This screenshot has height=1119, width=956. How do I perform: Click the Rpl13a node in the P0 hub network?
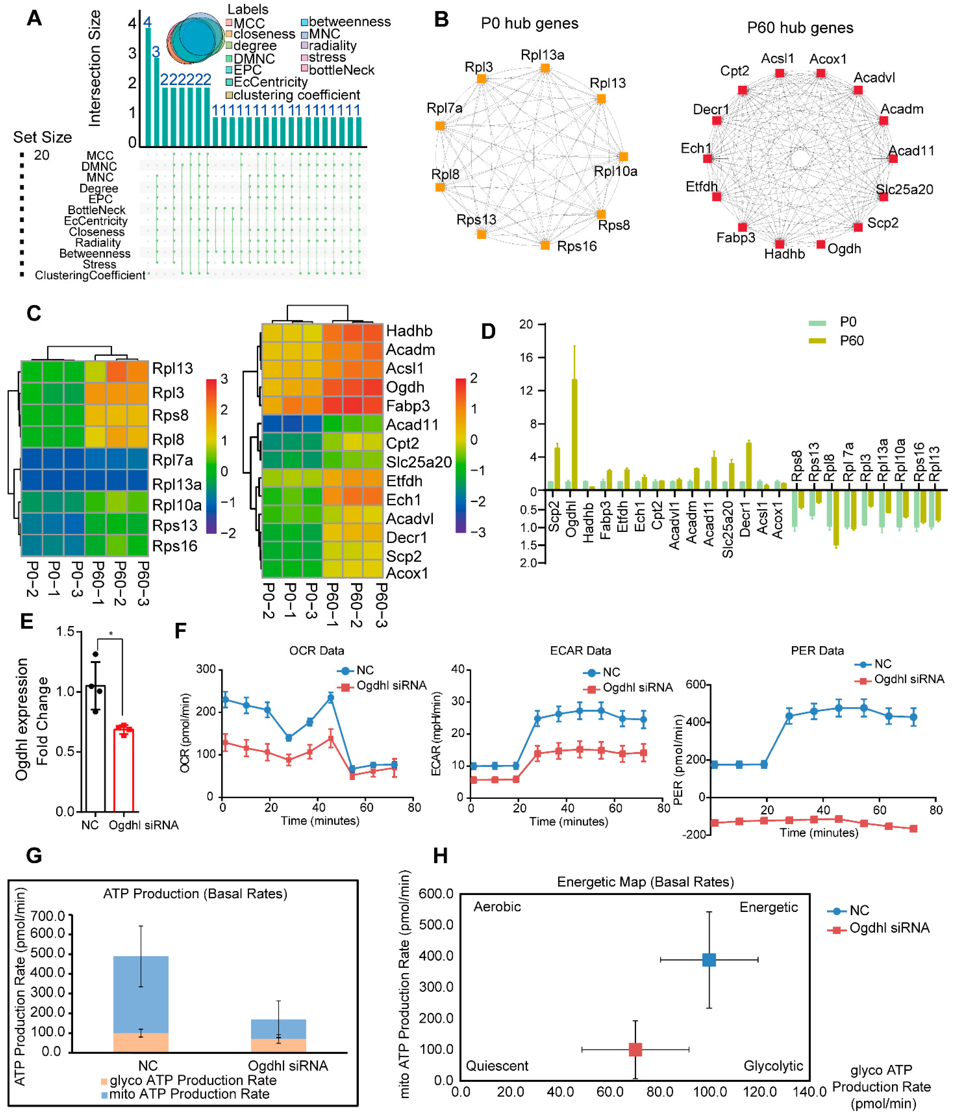pyautogui.click(x=545, y=68)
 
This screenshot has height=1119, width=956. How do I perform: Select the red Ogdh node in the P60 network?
pyautogui.click(x=820, y=245)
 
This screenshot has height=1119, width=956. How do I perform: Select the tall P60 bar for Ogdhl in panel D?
pyautogui.click(x=574, y=432)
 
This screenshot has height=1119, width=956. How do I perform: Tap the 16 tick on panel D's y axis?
pyautogui.click(x=526, y=358)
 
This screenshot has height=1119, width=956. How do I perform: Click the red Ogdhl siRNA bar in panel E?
pyautogui.click(x=124, y=770)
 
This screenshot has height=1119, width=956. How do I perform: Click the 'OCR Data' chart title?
pyautogui.click(x=317, y=651)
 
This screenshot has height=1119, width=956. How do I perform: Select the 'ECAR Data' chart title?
pyautogui.click(x=580, y=651)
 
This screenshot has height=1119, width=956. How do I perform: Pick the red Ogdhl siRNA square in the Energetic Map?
pyautogui.click(x=635, y=1050)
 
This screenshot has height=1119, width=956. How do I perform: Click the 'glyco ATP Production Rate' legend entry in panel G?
pyautogui.click(x=188, y=1080)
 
